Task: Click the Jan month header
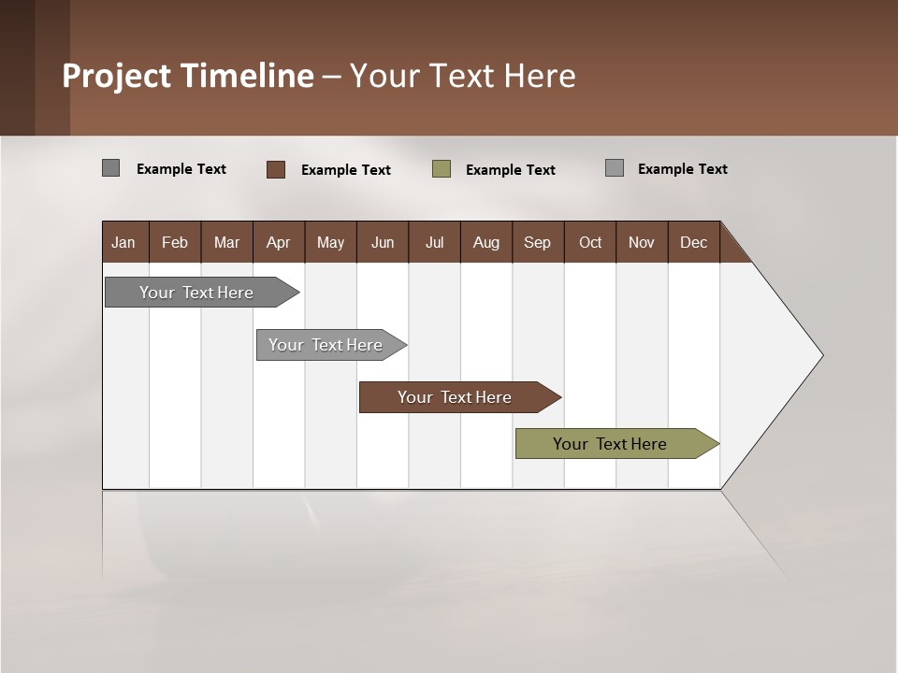[123, 242]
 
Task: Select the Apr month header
[278, 242]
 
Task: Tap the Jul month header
[434, 242]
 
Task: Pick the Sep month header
[537, 242]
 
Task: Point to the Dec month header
[693, 242]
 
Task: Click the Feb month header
[175, 242]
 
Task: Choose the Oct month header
[590, 242]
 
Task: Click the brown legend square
[276, 169]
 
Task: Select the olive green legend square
[442, 169]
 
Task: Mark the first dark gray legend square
[111, 168]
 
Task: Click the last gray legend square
[615, 168]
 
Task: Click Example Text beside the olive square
[510, 170]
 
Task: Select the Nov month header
[642, 242]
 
